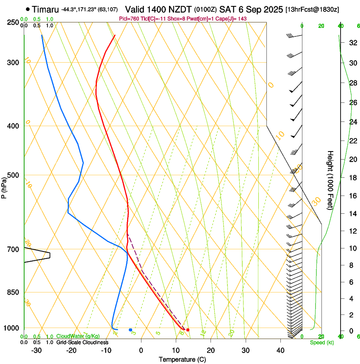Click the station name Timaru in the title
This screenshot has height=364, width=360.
(45, 9)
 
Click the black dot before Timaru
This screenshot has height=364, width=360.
(28, 9)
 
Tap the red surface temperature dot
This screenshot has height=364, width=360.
(188, 330)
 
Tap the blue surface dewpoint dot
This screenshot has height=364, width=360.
(130, 330)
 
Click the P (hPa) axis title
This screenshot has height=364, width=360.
(5, 185)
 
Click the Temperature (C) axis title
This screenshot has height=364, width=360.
(182, 359)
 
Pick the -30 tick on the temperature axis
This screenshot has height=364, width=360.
(36, 350)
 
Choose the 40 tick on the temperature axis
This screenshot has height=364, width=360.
(280, 350)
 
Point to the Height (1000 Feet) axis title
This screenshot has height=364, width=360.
(330, 180)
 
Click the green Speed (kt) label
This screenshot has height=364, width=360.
(321, 342)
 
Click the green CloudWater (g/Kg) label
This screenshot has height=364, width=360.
(78, 336)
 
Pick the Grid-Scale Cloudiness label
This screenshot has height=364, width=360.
(82, 342)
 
